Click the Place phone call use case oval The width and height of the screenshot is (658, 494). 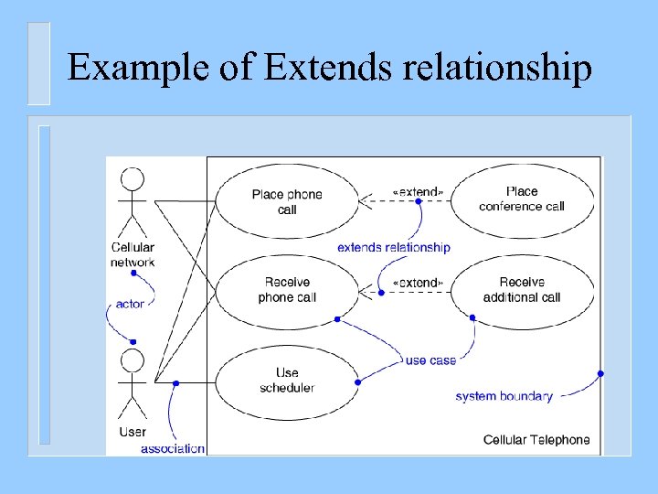[x=287, y=202]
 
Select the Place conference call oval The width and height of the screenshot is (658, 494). [x=522, y=199]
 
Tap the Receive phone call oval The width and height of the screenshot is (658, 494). [x=287, y=290]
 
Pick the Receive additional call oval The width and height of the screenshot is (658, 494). [x=522, y=290]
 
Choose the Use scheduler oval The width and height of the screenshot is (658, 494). [x=287, y=381]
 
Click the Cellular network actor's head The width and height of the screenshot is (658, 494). [x=133, y=179]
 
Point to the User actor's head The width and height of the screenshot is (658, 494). [x=133, y=360]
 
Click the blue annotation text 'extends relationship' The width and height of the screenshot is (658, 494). [x=393, y=247]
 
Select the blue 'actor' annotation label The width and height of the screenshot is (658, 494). [x=130, y=304]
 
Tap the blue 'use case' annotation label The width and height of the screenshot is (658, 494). [x=430, y=360]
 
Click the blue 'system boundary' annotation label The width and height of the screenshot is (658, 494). [x=504, y=396]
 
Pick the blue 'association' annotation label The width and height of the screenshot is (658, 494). [x=173, y=448]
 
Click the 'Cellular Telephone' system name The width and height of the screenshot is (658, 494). [x=536, y=440]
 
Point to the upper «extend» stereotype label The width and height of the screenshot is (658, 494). [x=418, y=191]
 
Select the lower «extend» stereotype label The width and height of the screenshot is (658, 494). [x=418, y=283]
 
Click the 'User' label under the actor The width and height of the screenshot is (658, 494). [x=133, y=432]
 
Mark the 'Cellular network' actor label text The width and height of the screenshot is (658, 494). [x=133, y=254]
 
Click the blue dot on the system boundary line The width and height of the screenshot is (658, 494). [x=600, y=373]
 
